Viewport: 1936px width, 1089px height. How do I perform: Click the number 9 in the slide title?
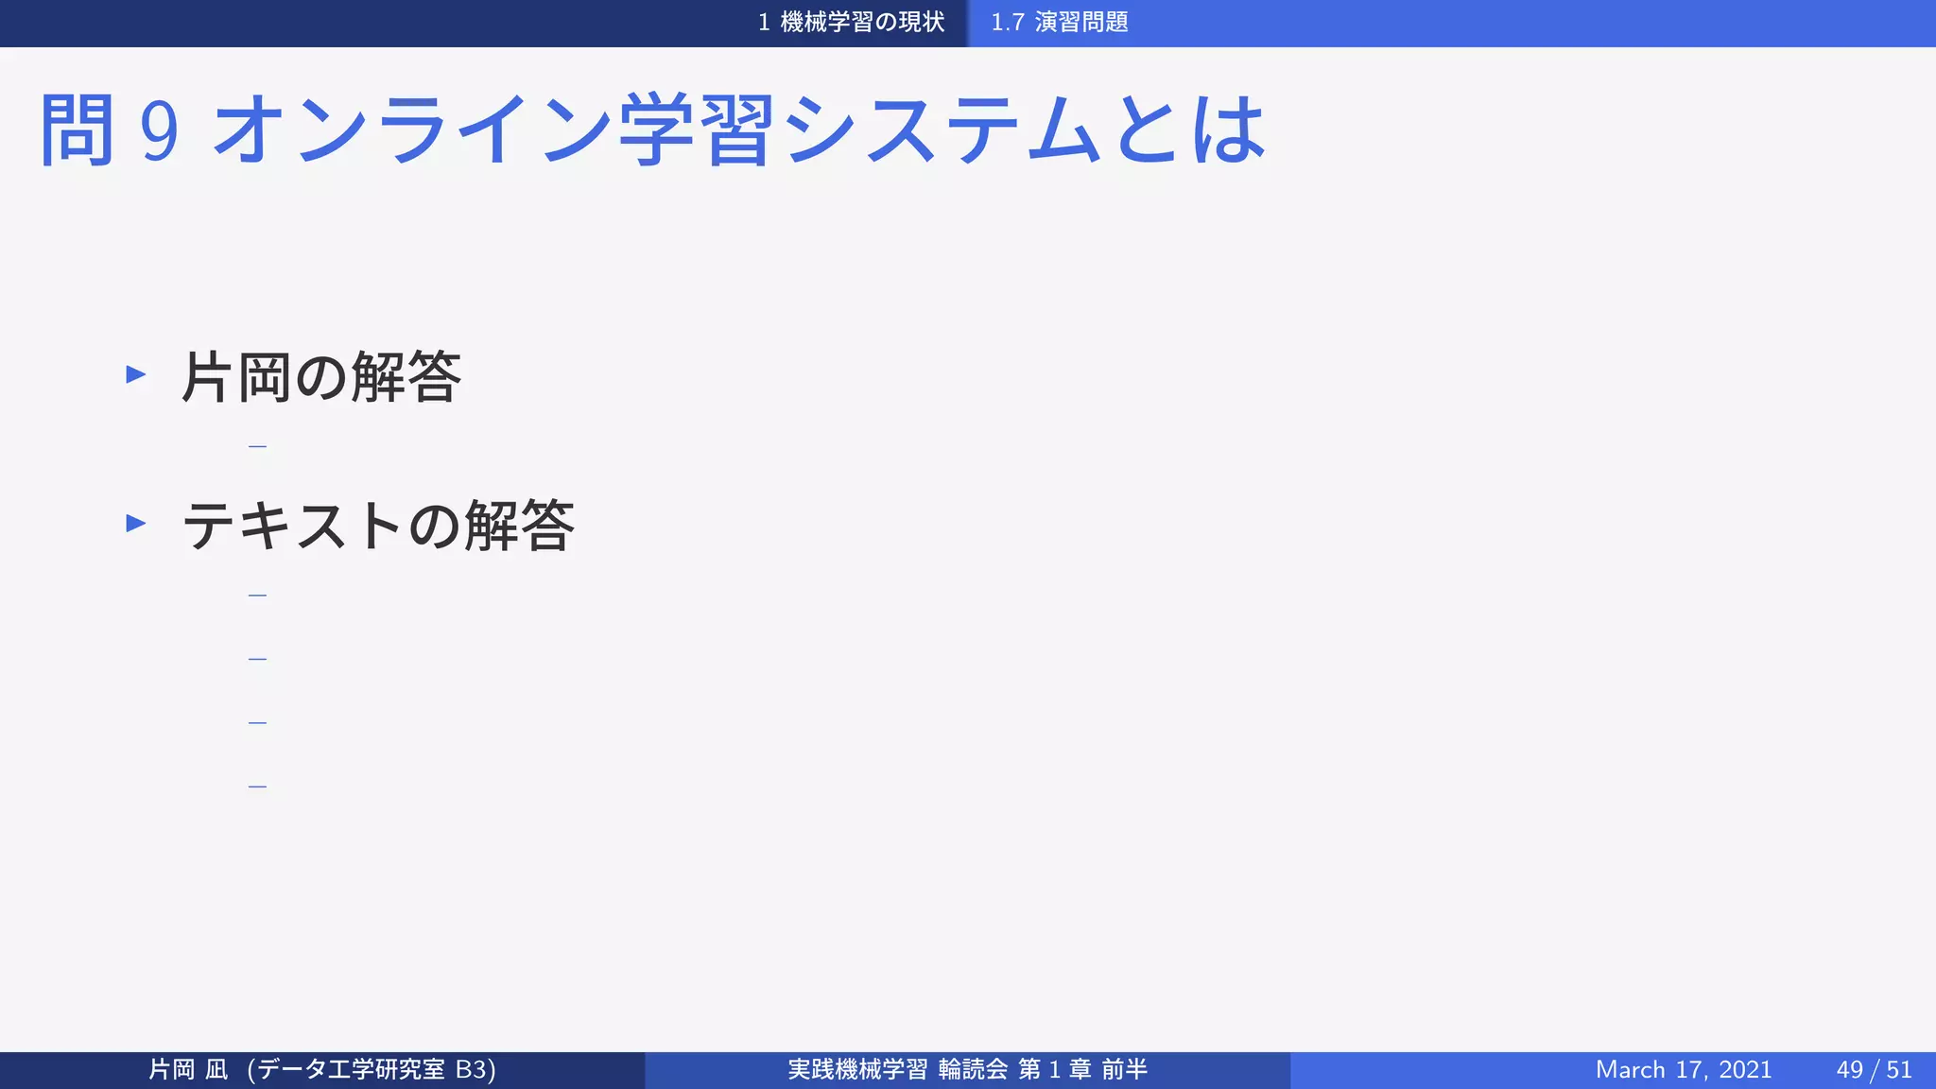click(159, 130)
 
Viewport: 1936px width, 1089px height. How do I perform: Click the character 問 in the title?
click(78, 130)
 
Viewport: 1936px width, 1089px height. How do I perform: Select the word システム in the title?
click(942, 130)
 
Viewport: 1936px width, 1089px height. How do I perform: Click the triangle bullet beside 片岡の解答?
click(136, 374)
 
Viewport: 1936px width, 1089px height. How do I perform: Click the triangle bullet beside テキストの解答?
click(136, 523)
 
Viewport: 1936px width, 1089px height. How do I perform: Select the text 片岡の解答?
click(320, 377)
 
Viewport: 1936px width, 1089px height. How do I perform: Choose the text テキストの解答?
click(377, 526)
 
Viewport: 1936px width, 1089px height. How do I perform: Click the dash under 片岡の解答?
click(257, 446)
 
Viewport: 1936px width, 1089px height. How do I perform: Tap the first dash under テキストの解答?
click(257, 596)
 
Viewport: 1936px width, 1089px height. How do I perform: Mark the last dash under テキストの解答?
click(257, 786)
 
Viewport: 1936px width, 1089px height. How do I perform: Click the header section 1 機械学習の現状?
click(851, 23)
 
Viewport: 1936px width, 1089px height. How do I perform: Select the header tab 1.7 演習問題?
click(1059, 23)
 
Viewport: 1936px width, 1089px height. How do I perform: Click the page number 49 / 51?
click(1874, 1070)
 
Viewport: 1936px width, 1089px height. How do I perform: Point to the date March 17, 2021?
click(1683, 1070)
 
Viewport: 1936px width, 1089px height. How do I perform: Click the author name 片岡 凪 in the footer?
click(188, 1070)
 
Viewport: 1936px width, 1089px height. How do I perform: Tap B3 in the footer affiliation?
click(471, 1070)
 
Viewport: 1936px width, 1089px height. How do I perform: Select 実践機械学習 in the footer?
click(857, 1070)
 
